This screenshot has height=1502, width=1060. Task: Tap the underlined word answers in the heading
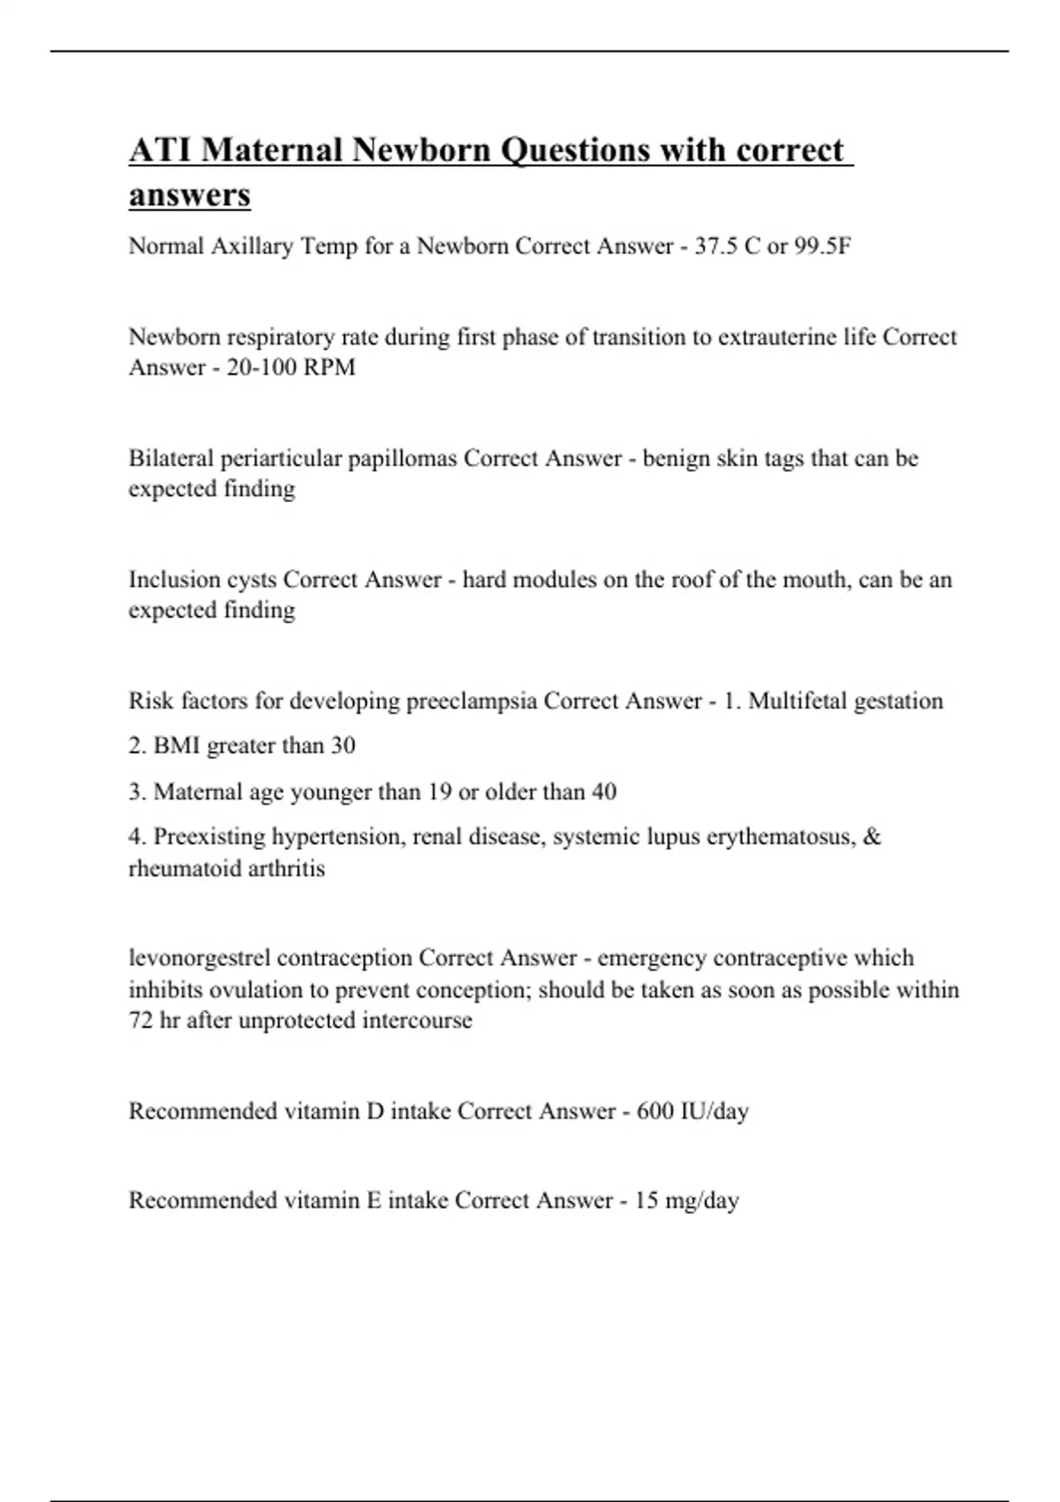(189, 194)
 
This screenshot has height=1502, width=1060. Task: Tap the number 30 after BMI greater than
(343, 746)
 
